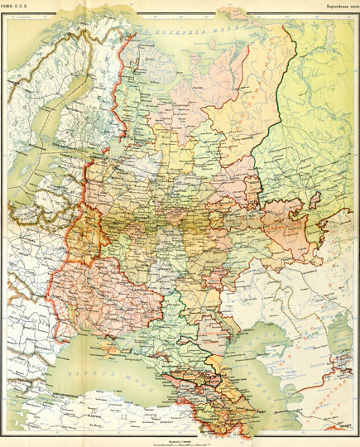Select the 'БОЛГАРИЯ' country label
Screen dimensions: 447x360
[x=33, y=363]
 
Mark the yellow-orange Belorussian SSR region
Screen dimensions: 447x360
[x=88, y=236]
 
